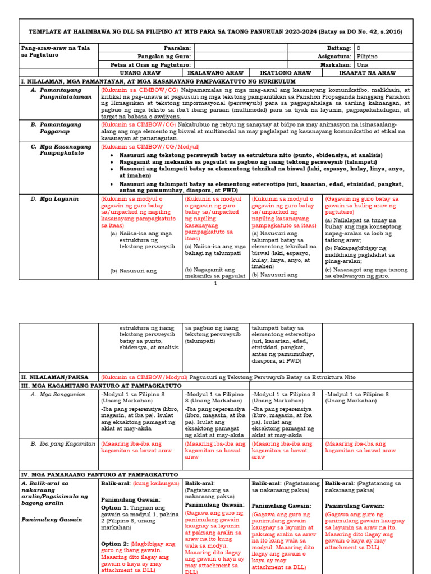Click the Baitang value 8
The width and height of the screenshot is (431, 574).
click(359, 49)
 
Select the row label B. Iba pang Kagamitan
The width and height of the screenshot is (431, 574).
click(63, 443)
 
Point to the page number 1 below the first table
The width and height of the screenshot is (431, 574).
click(215, 284)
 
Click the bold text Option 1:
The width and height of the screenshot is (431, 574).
click(114, 507)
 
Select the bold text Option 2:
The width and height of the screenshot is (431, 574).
click(114, 544)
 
